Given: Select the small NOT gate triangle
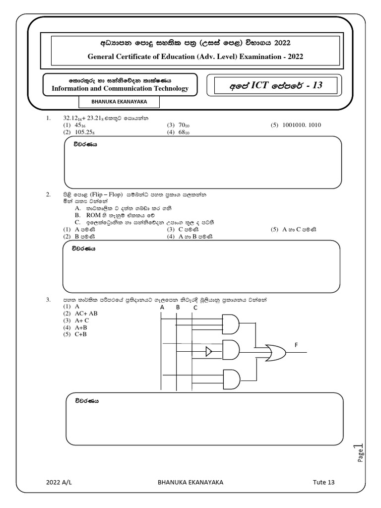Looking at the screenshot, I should tap(209, 352).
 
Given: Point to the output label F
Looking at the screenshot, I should tap(296, 344).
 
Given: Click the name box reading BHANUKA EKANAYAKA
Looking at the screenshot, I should tap(119, 101).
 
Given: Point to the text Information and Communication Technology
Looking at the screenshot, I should tap(120, 89).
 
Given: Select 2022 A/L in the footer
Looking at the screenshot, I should tap(59, 482).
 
